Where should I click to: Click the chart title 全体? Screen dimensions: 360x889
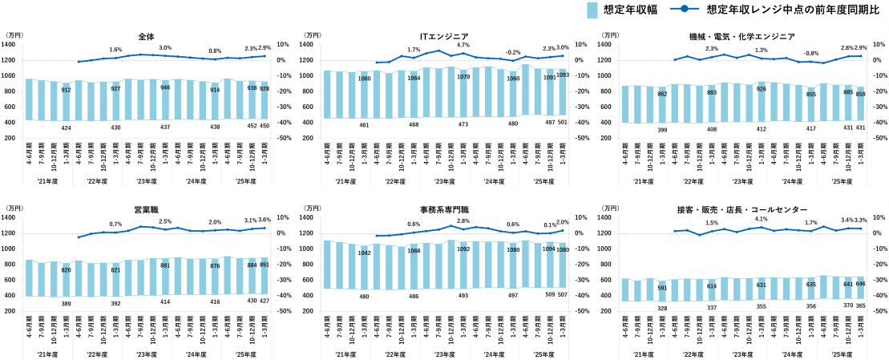(x=146, y=37)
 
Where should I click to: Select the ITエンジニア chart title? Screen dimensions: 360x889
(x=444, y=37)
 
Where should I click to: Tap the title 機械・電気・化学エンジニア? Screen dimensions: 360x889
(x=742, y=37)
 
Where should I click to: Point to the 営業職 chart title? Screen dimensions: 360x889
(x=146, y=210)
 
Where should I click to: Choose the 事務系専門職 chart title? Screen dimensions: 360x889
(x=444, y=210)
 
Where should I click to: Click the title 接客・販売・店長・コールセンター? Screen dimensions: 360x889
(x=742, y=210)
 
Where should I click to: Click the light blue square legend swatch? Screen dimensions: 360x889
(x=592, y=10)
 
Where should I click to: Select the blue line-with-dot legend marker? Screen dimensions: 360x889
(x=684, y=10)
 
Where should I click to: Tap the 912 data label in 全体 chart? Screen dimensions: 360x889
(x=67, y=90)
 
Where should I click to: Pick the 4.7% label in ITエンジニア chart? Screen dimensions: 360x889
(x=463, y=46)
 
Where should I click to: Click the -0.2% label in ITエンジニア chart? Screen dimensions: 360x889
(x=513, y=52)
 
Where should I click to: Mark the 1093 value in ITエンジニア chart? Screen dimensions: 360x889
(x=563, y=75)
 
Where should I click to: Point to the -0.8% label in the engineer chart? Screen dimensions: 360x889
(x=811, y=53)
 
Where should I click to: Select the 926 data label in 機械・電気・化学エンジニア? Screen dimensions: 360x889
(x=761, y=89)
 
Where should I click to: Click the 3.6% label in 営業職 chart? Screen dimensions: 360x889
(x=265, y=220)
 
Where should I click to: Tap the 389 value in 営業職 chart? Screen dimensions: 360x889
(x=67, y=304)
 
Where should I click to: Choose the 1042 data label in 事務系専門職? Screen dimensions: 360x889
(x=365, y=253)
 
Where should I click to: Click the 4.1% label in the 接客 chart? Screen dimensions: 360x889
(x=761, y=219)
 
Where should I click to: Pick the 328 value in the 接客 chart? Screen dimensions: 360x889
(x=663, y=308)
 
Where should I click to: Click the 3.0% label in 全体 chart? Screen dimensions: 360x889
(x=165, y=48)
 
